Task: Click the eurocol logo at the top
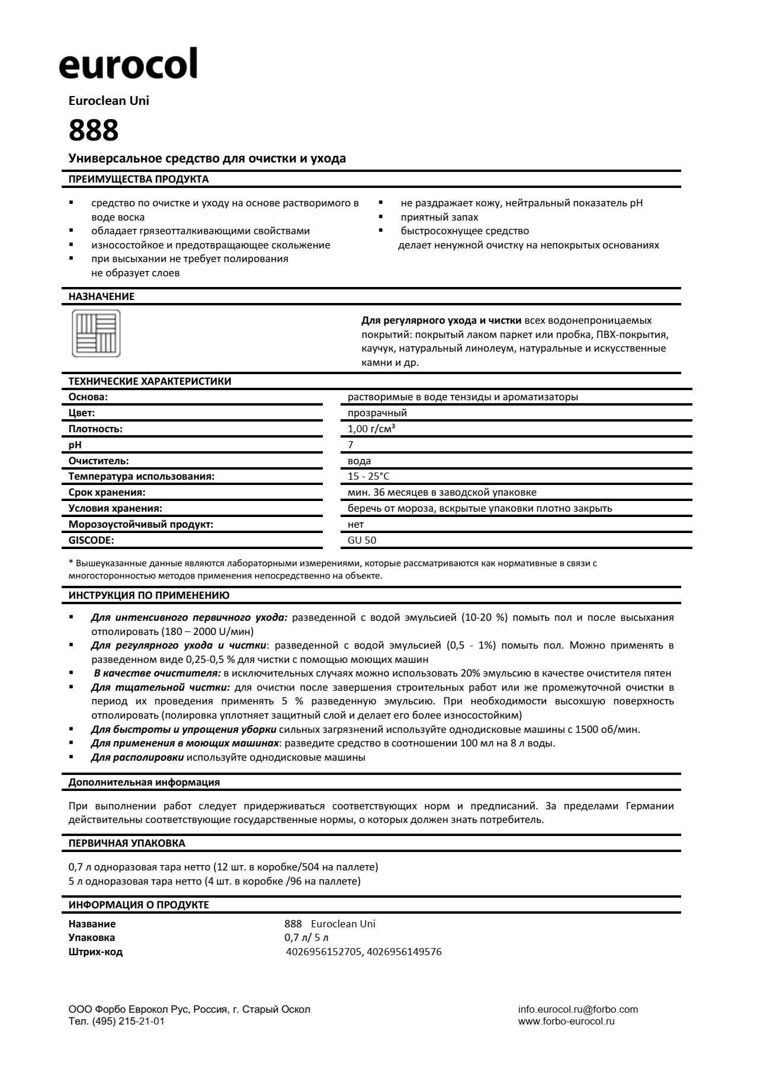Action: [x=128, y=65]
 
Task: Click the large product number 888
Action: [x=94, y=130]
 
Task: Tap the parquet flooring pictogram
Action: [x=96, y=333]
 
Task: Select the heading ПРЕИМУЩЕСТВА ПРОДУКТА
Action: [x=139, y=179]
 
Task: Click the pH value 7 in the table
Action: [x=351, y=445]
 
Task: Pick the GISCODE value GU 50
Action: [x=362, y=540]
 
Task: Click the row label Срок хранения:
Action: [x=107, y=492]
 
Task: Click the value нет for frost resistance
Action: [x=355, y=524]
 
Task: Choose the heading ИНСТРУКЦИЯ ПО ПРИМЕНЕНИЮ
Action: [x=149, y=595]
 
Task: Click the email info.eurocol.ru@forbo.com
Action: [x=578, y=1009]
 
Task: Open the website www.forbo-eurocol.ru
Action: [x=566, y=1021]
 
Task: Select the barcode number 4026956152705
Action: [x=323, y=952]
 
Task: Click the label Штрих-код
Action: [x=95, y=952]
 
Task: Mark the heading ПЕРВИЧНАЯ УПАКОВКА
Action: [x=127, y=843]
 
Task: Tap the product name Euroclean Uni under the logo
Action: [x=109, y=101]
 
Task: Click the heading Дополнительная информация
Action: [x=144, y=782]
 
